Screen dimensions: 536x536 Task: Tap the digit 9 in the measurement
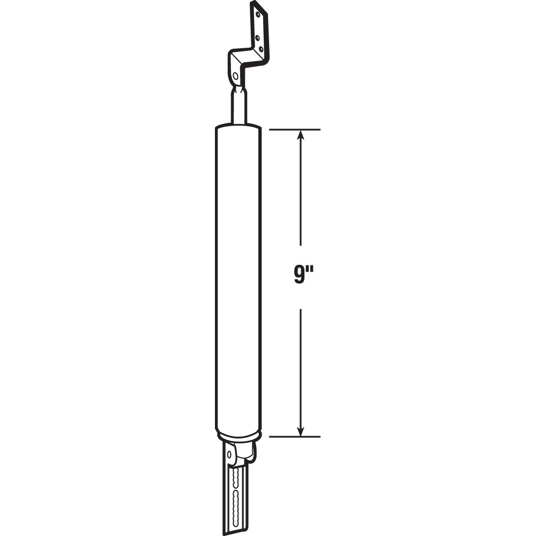[x=298, y=277]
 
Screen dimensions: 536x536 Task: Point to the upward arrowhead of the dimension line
[x=301, y=135]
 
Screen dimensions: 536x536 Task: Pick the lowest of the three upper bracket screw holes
[x=261, y=49]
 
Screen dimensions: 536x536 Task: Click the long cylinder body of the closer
[x=238, y=279]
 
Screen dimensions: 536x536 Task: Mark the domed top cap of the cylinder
[x=238, y=129]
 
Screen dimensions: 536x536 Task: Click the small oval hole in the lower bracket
[x=230, y=455]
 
